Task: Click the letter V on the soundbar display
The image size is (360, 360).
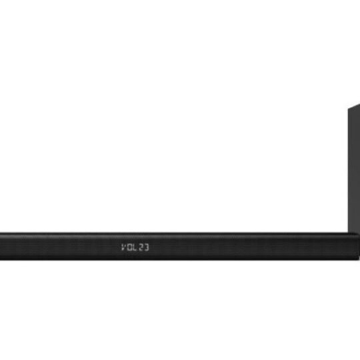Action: [123, 247]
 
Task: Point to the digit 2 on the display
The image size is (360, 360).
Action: [141, 247]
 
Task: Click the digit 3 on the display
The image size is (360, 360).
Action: [147, 247]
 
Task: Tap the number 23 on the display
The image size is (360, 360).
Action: [144, 247]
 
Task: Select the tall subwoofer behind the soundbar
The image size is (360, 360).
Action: [354, 170]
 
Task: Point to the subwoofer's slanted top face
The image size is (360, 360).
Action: [354, 106]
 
